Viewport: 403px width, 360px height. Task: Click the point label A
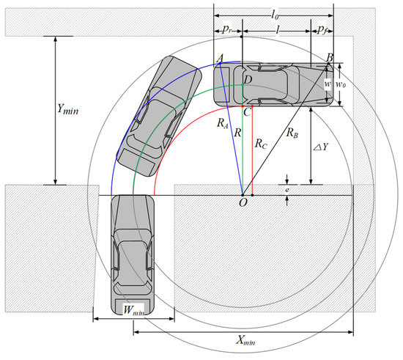pyautogui.click(x=220, y=58)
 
